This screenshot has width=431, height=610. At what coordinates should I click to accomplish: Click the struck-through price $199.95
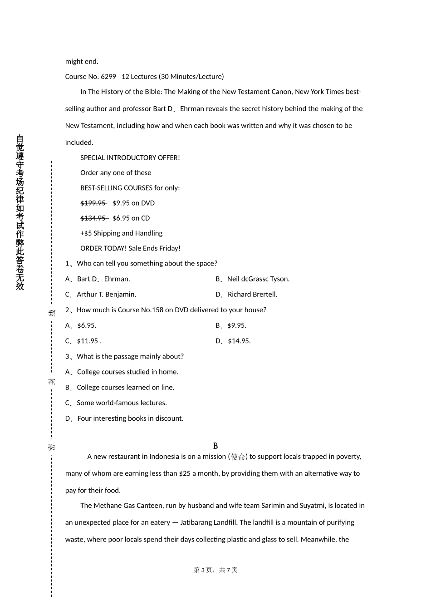93,203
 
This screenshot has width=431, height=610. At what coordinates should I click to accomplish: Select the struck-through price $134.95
93,218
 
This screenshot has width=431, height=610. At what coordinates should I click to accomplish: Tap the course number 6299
108,77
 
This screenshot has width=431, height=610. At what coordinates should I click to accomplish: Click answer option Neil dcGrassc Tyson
258,279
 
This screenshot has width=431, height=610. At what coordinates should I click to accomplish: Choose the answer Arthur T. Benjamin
107,294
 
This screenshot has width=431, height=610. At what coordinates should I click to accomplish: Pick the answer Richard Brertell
252,294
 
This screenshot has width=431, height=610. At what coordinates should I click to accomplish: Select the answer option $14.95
239,341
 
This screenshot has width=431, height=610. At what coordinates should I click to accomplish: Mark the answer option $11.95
88,341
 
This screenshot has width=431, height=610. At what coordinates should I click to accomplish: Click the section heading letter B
215,446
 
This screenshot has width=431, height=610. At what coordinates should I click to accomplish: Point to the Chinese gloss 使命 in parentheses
238,457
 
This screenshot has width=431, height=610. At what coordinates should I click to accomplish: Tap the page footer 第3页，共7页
215,570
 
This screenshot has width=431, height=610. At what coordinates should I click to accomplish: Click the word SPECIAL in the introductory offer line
94,157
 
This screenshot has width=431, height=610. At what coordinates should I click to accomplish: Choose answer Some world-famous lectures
122,403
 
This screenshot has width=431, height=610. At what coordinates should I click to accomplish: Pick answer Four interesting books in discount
130,418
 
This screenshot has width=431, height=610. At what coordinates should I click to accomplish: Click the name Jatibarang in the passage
197,522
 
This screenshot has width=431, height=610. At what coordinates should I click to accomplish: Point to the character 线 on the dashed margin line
52,313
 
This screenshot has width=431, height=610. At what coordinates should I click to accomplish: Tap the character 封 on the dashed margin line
52,380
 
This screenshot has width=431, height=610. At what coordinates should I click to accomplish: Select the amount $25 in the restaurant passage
185,473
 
